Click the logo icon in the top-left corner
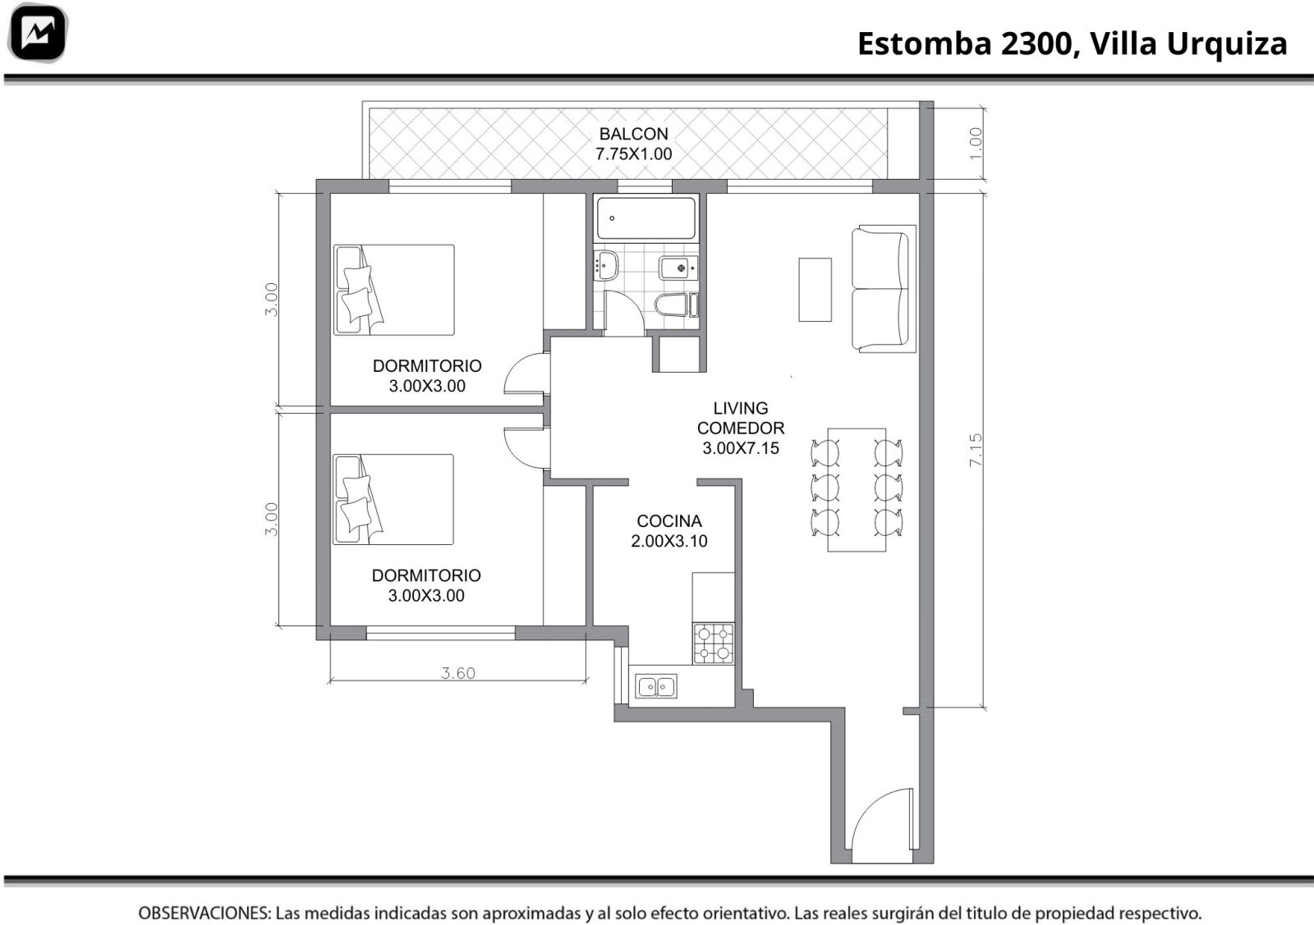point(38,33)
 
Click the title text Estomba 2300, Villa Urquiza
point(1073,44)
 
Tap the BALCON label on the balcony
point(633,134)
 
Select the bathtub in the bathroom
point(646,218)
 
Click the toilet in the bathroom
point(677,305)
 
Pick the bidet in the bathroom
point(678,268)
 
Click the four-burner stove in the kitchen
point(714,643)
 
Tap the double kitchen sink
point(656,686)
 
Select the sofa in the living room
point(884,289)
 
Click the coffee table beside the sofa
point(815,290)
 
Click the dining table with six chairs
point(857,489)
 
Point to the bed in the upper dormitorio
point(393,291)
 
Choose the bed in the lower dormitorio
point(393,499)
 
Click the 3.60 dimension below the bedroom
point(458,673)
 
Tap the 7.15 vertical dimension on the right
point(975,451)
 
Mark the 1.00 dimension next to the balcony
point(975,144)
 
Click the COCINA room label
point(669,520)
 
